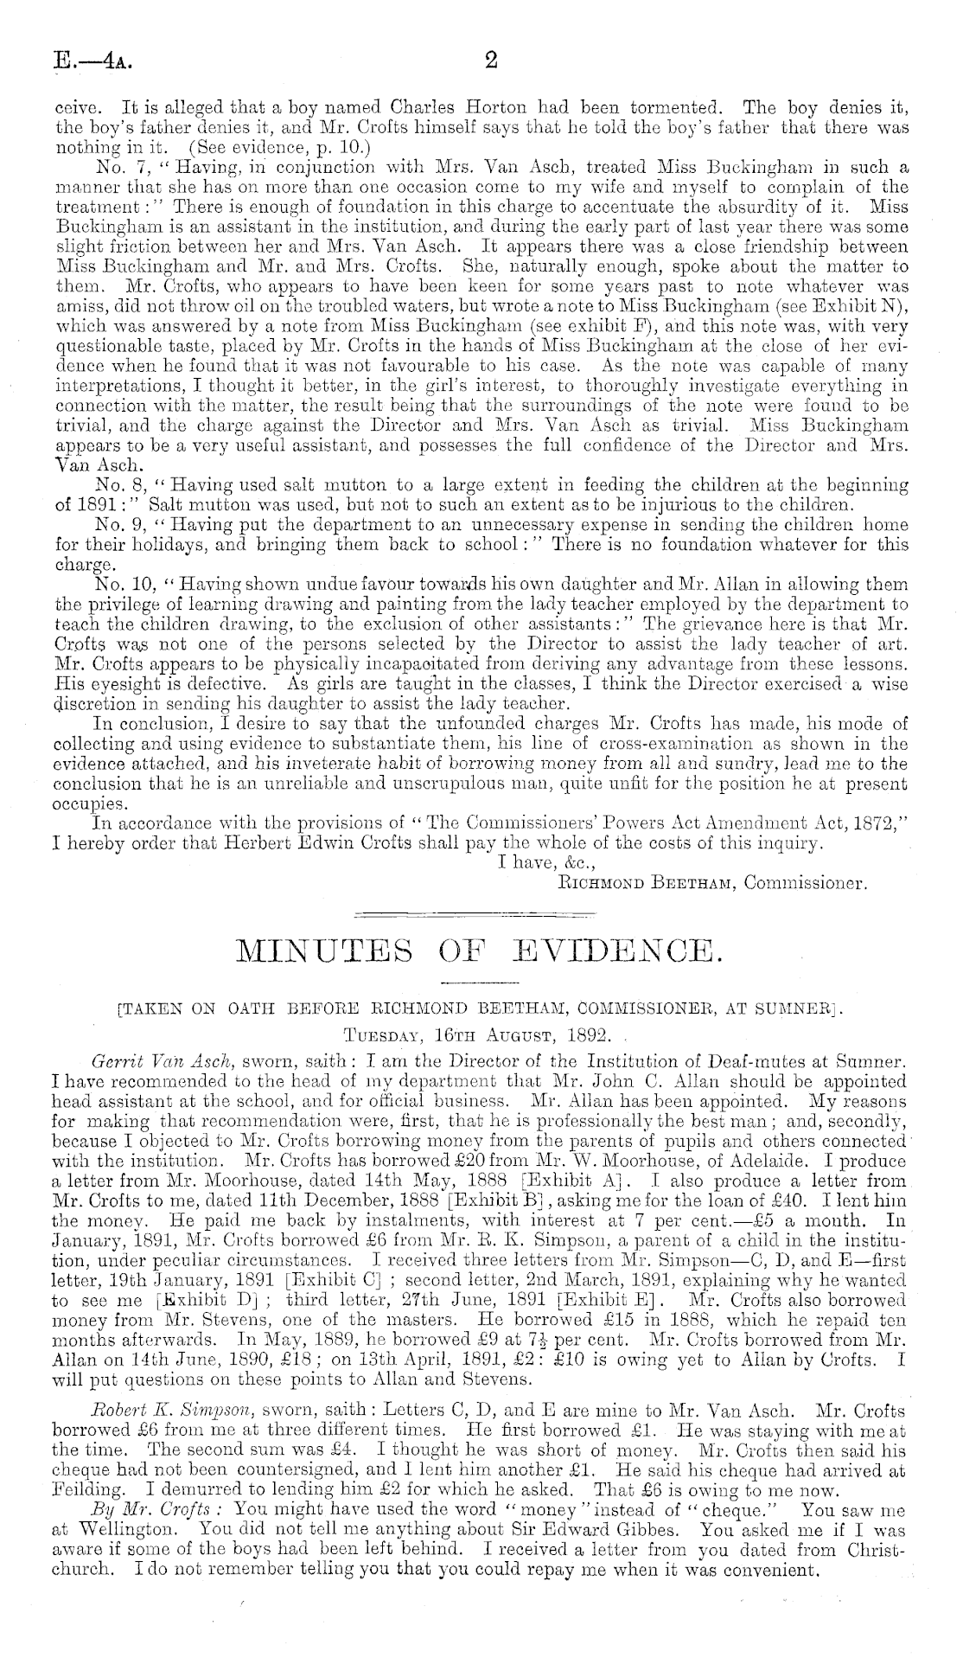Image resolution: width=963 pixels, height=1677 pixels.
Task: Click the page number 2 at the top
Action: tap(490, 61)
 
